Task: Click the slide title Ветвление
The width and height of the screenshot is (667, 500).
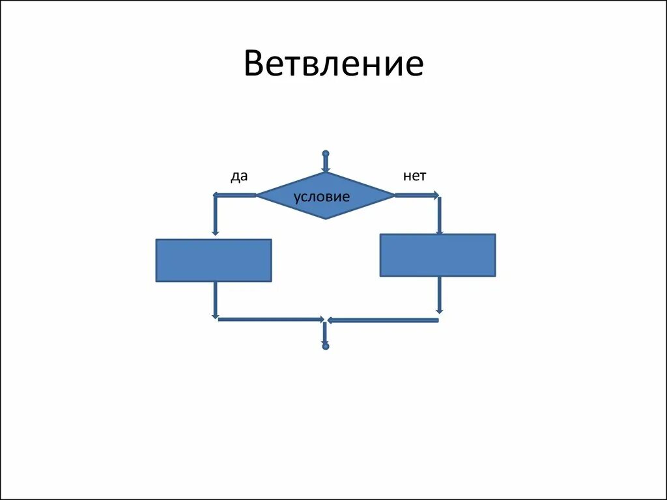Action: pos(333,65)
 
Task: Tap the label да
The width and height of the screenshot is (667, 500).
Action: pos(239,176)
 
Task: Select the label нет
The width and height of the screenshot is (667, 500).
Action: pos(414,176)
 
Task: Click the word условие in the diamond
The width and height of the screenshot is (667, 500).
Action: pos(322,197)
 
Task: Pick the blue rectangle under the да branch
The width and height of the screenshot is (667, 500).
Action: pos(214,260)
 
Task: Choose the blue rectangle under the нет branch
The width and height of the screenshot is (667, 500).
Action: pos(438,255)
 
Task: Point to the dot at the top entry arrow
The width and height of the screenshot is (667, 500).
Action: pos(326,154)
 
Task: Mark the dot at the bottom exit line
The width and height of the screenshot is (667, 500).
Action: pos(326,346)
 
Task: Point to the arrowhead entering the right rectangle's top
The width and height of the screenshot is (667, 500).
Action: pos(439,230)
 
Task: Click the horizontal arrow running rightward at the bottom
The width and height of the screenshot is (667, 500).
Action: pos(270,320)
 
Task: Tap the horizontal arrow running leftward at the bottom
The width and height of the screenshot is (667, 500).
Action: pos(383,320)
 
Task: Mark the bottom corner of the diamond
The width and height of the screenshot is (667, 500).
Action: pos(326,219)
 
